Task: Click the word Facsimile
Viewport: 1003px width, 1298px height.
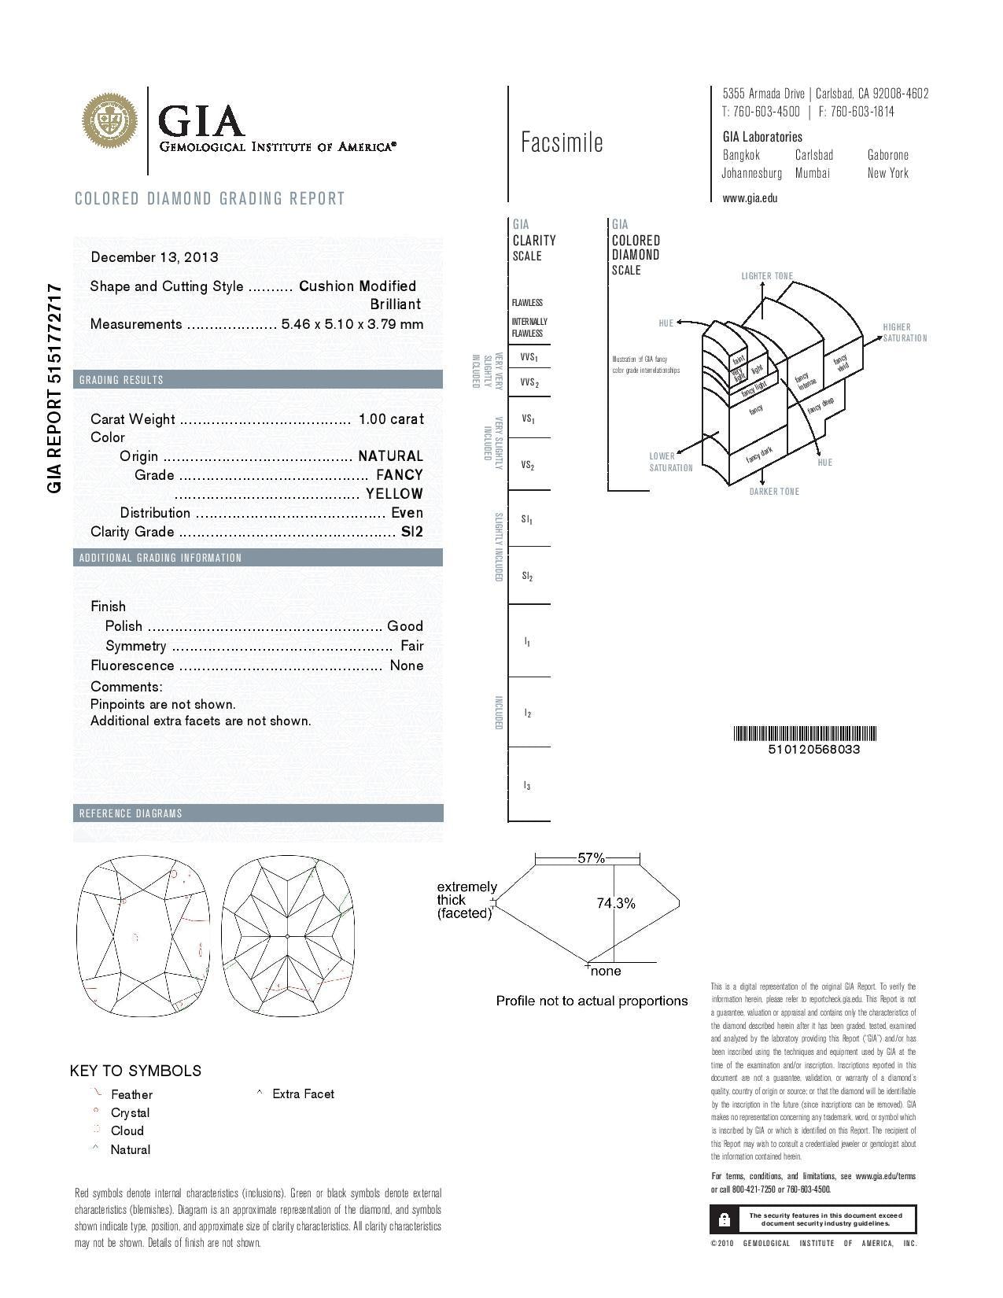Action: click(562, 142)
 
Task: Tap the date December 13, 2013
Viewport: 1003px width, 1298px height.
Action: click(154, 257)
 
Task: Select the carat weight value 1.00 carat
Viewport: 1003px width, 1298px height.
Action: click(391, 419)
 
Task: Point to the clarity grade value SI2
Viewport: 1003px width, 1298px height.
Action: click(412, 532)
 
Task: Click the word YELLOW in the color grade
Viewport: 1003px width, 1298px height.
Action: click(394, 494)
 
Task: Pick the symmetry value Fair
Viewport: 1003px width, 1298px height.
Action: click(411, 646)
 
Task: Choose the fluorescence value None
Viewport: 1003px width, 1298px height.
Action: click(407, 666)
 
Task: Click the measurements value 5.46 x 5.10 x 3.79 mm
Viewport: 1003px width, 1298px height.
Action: click(352, 324)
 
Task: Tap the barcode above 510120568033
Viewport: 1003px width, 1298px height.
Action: click(805, 734)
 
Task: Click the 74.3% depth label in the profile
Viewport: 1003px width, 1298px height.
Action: click(615, 904)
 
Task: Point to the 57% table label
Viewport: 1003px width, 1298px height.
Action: click(591, 858)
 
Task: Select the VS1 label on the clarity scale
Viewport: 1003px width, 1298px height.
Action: click(529, 419)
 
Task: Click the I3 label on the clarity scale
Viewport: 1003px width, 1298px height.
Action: click(527, 786)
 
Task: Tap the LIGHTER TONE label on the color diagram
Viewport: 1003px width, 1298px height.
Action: click(767, 276)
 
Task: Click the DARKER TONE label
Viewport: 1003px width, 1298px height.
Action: click(774, 492)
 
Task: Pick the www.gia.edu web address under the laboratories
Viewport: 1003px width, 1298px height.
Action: click(750, 198)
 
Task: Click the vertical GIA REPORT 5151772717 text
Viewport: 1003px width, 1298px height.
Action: click(54, 388)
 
